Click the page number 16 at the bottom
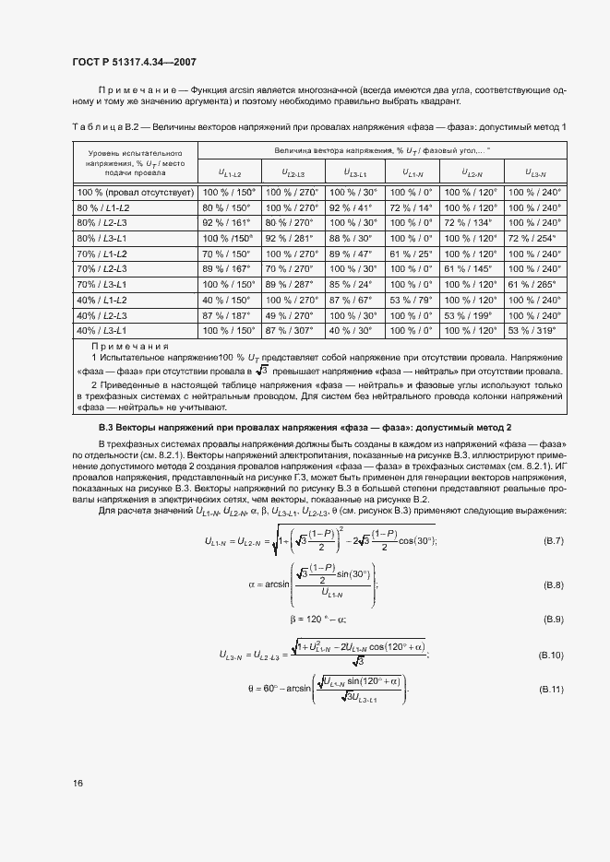78,784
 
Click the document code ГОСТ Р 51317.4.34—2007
133,61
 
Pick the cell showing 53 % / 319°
535,329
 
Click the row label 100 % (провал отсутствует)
135,193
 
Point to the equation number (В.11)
551,689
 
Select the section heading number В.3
108,428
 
